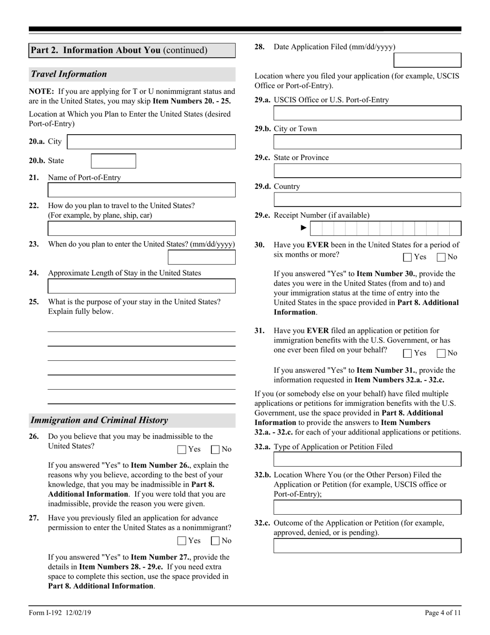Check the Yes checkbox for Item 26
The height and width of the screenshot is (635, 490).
coord(182,450)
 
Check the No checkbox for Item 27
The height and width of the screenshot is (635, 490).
coord(216,541)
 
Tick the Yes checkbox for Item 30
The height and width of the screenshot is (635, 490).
coord(407,257)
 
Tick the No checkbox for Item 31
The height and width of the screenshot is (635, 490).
coord(441,354)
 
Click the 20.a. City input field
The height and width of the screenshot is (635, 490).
coord(151,142)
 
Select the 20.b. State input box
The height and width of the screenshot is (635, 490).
coord(113,161)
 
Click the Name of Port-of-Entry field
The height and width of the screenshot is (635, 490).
coord(141,190)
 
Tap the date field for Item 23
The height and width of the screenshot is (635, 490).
coord(201,257)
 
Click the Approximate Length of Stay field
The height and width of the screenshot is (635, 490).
coord(141,286)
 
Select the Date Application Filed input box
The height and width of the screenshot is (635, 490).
coord(427,60)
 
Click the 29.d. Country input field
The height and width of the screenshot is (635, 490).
coord(367,200)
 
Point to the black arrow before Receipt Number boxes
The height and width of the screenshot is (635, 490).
coord(304,228)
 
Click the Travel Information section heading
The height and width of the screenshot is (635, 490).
coord(69,74)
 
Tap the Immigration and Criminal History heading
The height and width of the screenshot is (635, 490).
coord(99,420)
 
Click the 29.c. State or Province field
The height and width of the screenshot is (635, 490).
coord(367,171)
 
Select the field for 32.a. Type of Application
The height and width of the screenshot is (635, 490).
coord(367,459)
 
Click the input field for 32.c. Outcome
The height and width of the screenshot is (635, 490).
coord(367,546)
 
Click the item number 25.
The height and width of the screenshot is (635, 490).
coord(34,302)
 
